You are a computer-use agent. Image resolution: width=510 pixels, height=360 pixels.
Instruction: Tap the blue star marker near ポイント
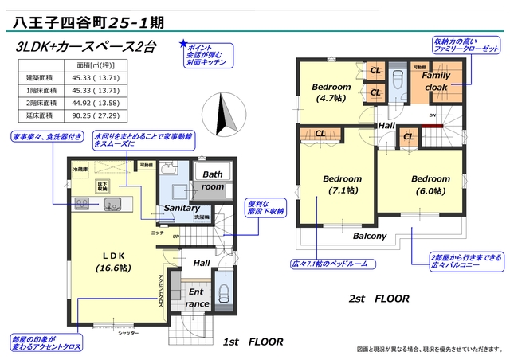click(183, 44)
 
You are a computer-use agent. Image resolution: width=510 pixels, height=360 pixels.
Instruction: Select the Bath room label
click(213, 179)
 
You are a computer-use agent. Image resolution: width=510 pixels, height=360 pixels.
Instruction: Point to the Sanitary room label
click(181, 208)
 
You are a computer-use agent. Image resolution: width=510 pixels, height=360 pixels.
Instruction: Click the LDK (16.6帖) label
click(114, 261)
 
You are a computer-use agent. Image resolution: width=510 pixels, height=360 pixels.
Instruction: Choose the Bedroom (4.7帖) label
click(331, 92)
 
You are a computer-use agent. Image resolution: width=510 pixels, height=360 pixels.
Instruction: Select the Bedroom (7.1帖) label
click(343, 184)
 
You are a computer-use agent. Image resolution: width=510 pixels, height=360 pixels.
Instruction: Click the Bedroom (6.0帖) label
click(431, 184)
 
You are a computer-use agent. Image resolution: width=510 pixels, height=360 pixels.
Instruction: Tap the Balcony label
click(370, 236)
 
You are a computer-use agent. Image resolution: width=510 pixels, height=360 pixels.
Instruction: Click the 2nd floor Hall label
click(386, 126)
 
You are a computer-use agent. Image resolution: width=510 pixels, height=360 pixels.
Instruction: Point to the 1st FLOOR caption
click(253, 342)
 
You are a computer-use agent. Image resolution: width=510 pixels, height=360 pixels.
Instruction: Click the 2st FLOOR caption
click(379, 299)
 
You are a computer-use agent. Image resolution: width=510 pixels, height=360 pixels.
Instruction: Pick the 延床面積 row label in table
click(39, 115)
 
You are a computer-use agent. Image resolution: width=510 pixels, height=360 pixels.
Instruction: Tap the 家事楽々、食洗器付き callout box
click(47, 137)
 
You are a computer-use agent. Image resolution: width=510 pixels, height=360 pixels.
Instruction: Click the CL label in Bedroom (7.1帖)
click(320, 134)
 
